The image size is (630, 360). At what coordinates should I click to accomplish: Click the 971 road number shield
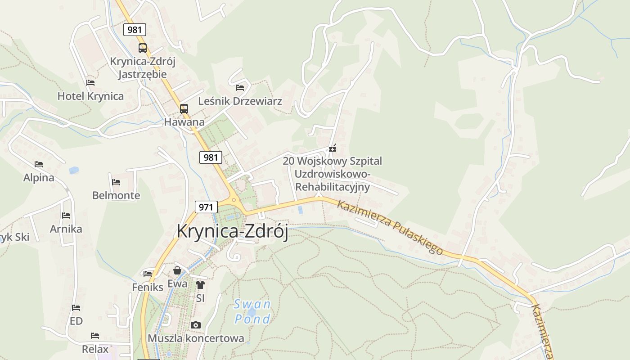click(206, 207)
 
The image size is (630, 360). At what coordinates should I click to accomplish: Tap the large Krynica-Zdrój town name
click(232, 231)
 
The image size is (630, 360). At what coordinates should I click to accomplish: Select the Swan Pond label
click(252, 311)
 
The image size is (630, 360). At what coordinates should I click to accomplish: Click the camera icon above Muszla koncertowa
click(196, 325)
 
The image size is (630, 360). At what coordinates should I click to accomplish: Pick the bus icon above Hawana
click(184, 108)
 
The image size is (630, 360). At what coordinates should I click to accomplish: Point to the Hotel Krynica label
click(90, 96)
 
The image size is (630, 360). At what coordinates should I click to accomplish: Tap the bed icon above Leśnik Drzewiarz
click(240, 87)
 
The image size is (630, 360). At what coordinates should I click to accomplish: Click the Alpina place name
click(39, 178)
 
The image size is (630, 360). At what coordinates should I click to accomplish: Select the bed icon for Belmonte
click(116, 182)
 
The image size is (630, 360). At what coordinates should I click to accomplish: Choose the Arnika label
click(66, 229)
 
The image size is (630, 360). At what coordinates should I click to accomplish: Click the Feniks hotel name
click(148, 287)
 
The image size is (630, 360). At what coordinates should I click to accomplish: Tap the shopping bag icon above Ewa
click(177, 270)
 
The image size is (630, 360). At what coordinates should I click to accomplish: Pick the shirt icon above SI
click(200, 284)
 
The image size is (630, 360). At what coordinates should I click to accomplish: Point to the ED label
click(76, 321)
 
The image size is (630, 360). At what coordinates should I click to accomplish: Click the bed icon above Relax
click(94, 336)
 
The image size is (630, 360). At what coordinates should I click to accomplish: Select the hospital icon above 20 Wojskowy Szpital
click(333, 148)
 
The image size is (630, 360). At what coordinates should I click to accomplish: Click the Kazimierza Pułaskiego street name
click(390, 227)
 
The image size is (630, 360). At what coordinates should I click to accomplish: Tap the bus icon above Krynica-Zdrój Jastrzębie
click(143, 48)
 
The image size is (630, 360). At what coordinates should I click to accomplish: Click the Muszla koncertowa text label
click(196, 338)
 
